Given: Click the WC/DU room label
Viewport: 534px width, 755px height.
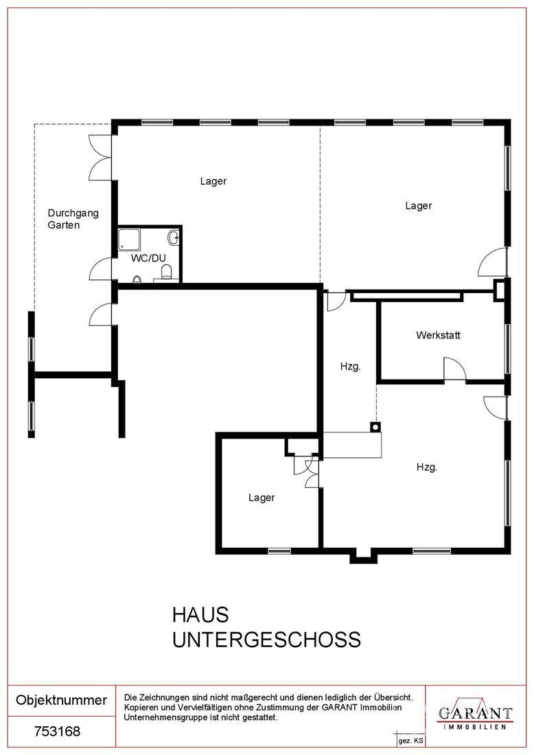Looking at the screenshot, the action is (148, 259).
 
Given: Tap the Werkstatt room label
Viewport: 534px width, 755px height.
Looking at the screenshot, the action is (438, 335).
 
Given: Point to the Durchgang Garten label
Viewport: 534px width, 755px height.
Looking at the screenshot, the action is (73, 219).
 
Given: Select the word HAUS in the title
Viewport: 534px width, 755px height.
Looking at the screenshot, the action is (200, 615).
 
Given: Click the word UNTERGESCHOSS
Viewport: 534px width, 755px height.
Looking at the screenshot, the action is (266, 640).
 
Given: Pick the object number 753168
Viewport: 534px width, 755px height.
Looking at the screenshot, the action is (57, 732).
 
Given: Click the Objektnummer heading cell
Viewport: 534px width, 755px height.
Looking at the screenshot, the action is (62, 700).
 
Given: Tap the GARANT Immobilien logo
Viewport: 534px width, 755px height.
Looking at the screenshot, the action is (475, 715).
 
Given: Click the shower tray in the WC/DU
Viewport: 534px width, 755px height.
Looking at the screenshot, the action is (129, 240).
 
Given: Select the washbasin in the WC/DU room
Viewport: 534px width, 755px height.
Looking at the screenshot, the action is (174, 237).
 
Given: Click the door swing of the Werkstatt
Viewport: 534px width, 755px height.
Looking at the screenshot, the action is (455, 369).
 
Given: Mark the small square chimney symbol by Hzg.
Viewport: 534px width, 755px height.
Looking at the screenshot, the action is (375, 427).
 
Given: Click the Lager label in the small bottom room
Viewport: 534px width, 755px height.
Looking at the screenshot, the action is (262, 498).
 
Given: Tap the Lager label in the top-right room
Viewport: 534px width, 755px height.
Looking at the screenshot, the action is (419, 206).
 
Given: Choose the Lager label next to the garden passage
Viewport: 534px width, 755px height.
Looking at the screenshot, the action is (213, 181).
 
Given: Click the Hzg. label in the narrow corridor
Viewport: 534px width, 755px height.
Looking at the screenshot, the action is (351, 367).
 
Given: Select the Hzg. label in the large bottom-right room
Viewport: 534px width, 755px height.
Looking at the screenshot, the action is (427, 467).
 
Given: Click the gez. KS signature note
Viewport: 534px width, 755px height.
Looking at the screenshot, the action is (410, 741).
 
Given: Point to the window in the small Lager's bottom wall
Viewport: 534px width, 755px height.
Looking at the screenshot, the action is (279, 551).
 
